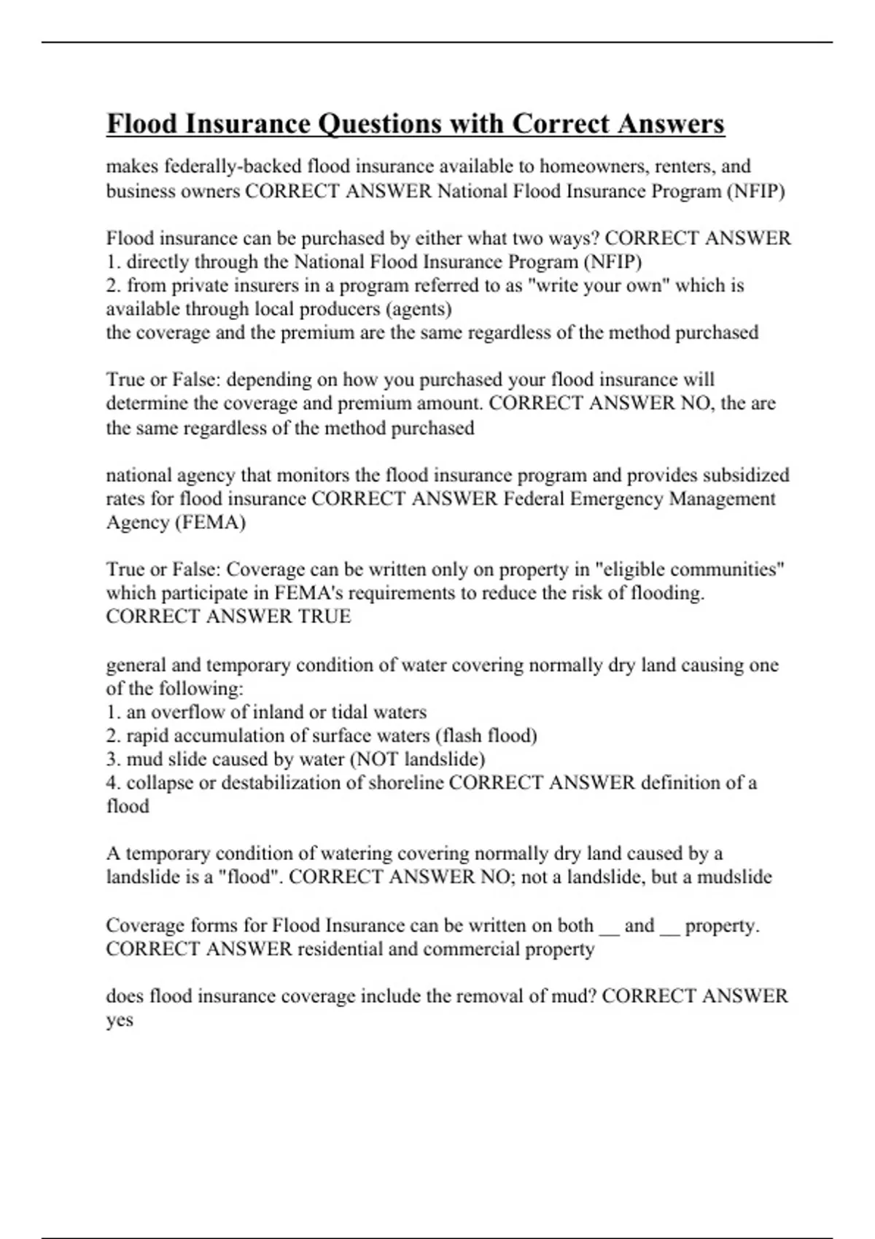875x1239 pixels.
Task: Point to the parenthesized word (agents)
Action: [x=422, y=309]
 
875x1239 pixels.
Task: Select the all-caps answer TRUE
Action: [x=324, y=617]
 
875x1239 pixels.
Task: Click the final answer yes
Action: [x=120, y=1020]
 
